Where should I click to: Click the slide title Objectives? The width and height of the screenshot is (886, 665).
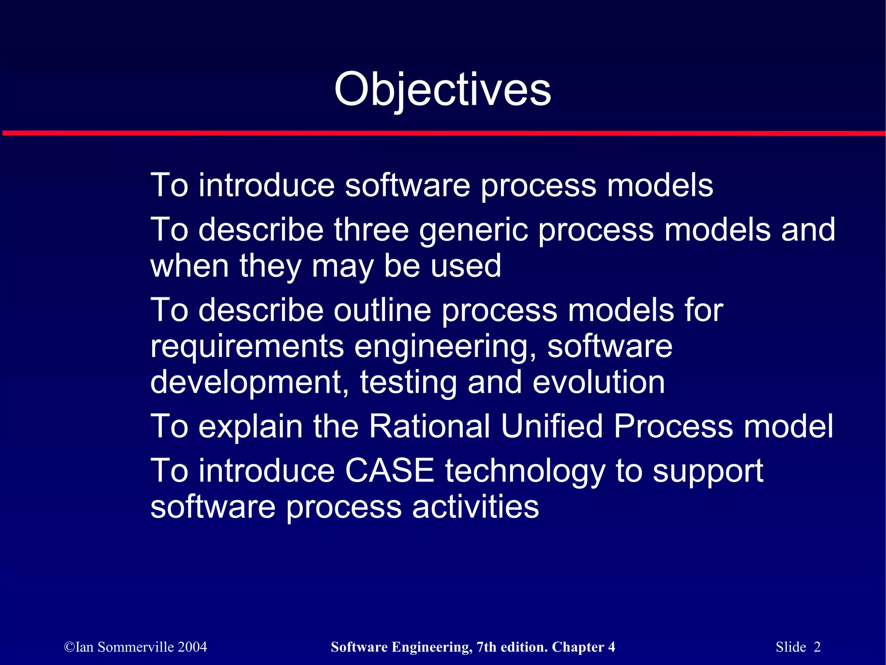(443, 90)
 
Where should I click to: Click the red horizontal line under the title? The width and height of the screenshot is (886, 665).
(443, 133)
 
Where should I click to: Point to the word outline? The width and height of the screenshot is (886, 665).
(382, 310)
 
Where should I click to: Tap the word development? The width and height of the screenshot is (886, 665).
(250, 383)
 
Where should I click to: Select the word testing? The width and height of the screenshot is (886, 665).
(408, 383)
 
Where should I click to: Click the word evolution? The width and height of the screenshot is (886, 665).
(598, 382)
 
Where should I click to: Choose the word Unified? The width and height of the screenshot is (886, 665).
(552, 426)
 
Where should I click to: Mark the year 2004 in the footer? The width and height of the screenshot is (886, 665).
(192, 647)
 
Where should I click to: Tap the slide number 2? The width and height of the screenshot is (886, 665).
(817, 647)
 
